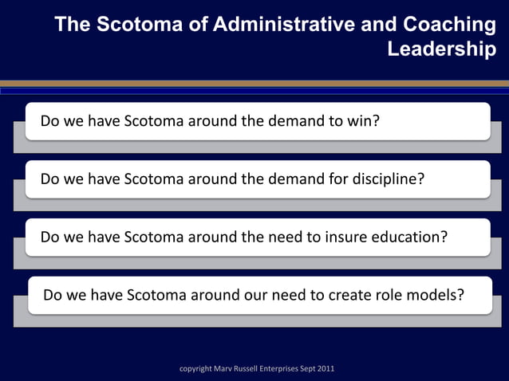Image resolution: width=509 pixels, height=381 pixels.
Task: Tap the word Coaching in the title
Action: point(450,25)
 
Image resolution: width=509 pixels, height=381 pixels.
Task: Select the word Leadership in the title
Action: point(441,49)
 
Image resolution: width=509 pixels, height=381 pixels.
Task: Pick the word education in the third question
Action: point(405,238)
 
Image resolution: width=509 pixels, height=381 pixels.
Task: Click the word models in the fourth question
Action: point(439,296)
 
